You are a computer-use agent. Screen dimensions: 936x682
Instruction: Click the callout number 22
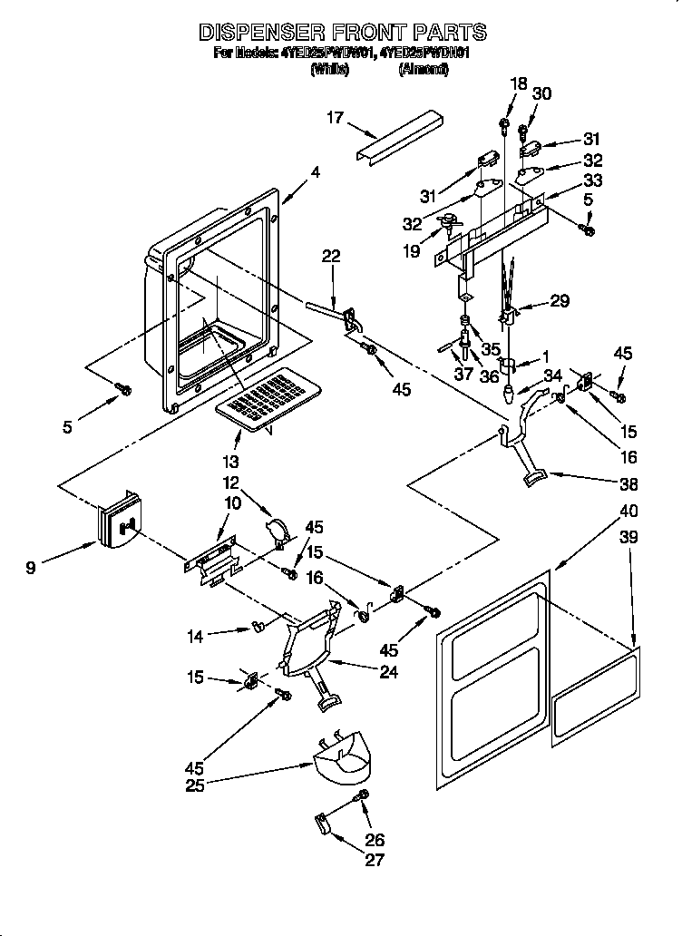330,257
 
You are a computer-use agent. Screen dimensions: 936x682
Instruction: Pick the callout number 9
32,569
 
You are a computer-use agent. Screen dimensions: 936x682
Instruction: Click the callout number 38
628,483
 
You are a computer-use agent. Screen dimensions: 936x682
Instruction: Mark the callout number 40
628,512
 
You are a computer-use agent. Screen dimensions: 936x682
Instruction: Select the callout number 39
628,537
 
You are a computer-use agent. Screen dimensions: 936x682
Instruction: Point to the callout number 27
375,861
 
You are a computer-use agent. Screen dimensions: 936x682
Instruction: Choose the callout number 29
560,301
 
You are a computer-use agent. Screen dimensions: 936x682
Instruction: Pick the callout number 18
517,83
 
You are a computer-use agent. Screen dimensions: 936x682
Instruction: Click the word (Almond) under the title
423,69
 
